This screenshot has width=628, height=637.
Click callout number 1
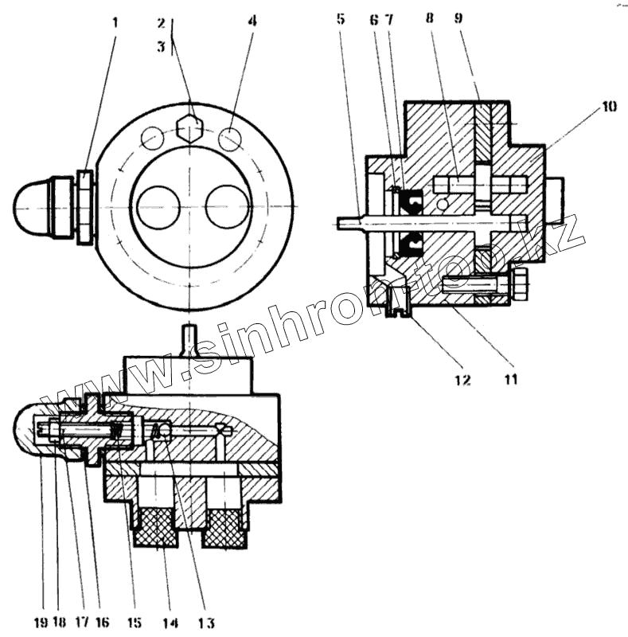pos(115,21)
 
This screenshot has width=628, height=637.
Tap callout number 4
pos(252,21)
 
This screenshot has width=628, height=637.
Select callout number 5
pos(341,18)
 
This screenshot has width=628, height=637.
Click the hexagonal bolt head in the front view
pos(190,127)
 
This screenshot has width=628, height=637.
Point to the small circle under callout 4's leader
pos(230,139)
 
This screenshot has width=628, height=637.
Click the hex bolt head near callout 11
pos(520,283)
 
